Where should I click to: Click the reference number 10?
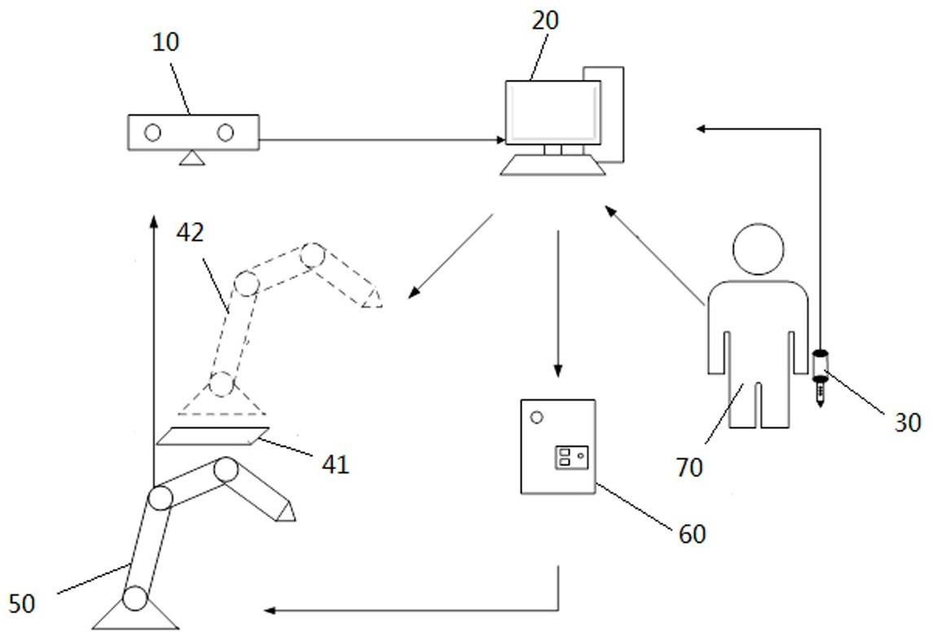coord(166,42)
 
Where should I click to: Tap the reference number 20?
coord(545,20)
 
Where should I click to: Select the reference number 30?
coord(907,423)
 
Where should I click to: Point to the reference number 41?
coord(335,464)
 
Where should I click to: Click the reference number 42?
coord(190,232)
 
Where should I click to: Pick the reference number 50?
coord(22,603)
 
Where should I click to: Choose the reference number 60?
coord(692,534)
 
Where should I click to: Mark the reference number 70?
coord(689,467)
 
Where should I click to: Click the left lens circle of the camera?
coord(153,133)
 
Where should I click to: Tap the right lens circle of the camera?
coord(225,133)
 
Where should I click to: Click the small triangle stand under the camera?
coord(191,158)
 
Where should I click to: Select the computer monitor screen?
coord(552,112)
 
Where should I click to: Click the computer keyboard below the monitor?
coord(552,165)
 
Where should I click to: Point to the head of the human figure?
coord(759,249)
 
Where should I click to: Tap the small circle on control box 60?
coord(537,418)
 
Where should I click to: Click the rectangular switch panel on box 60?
coord(572,458)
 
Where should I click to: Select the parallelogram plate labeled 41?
coord(213,436)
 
